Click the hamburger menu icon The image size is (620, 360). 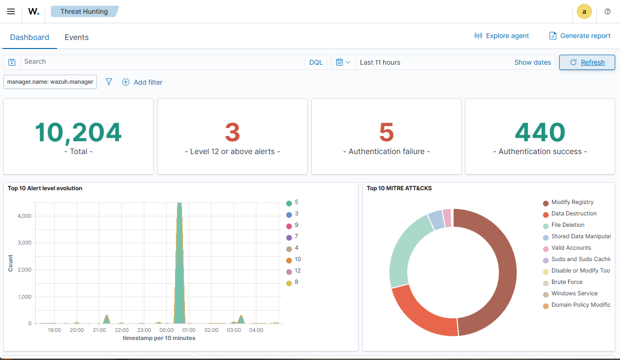point(11,11)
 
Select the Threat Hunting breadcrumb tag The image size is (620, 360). point(84,11)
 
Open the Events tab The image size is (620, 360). point(77,37)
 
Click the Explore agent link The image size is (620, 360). point(502,36)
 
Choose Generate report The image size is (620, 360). point(580,36)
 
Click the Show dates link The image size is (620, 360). point(533,62)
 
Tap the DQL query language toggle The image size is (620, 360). point(316,62)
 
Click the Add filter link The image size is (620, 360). point(142,82)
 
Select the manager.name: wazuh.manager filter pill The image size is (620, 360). point(50,82)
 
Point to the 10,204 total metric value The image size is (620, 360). point(78,133)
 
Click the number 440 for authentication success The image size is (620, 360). point(540,133)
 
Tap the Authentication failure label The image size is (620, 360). point(386,152)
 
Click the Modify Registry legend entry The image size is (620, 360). point(572,203)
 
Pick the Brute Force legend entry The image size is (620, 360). point(566,282)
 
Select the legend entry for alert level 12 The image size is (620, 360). point(297,271)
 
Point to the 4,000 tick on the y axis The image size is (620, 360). point(24,216)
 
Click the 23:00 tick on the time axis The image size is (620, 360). point(144,330)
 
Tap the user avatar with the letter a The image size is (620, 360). point(584,11)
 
